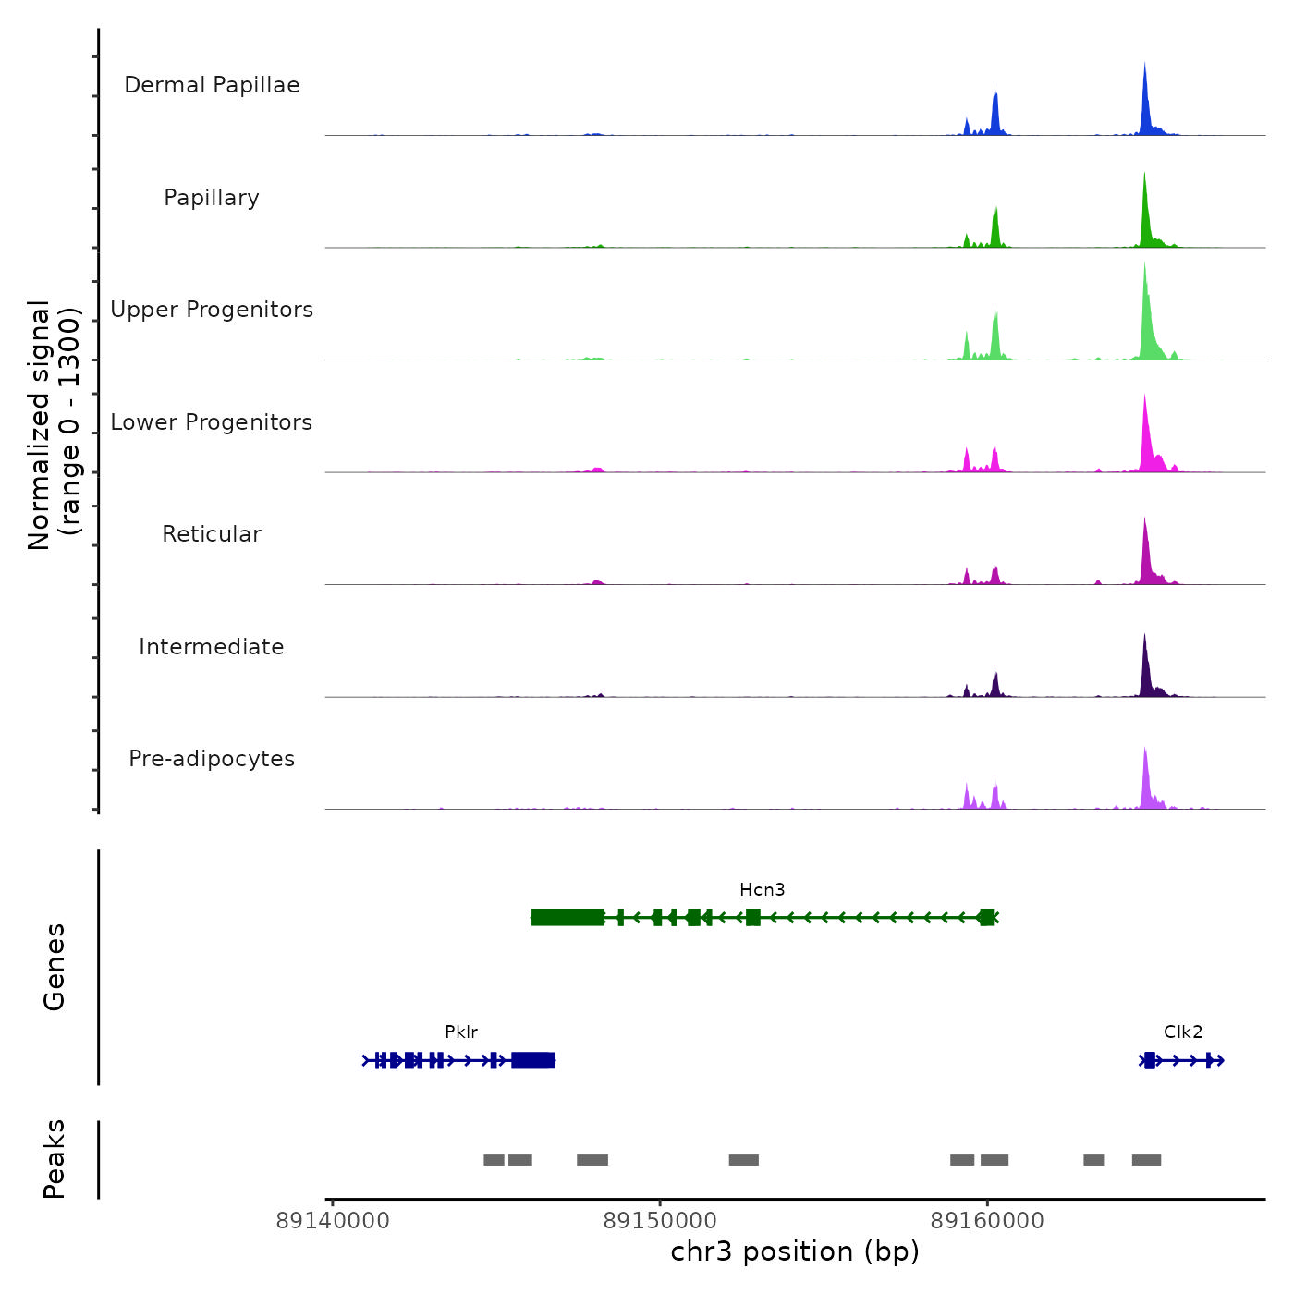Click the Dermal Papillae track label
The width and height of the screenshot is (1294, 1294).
click(212, 85)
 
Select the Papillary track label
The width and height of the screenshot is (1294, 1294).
click(212, 198)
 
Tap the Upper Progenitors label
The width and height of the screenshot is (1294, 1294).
click(212, 310)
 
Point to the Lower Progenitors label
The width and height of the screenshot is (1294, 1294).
click(212, 422)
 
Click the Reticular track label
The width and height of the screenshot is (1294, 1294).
click(212, 534)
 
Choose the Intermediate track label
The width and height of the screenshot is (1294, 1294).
click(212, 647)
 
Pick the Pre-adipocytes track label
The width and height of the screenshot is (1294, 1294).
click(212, 759)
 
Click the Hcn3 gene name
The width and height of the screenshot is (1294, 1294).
click(763, 890)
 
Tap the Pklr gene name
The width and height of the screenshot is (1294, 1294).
click(461, 1032)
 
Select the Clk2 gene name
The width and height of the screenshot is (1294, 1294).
click(1183, 1032)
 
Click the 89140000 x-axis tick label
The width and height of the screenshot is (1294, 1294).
click(333, 1221)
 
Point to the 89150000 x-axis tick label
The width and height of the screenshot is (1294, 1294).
click(660, 1221)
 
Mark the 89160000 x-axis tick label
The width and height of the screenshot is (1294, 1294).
click(987, 1221)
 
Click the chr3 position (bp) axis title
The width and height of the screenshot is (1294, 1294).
click(795, 1251)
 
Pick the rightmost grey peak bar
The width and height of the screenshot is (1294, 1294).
click(1146, 1160)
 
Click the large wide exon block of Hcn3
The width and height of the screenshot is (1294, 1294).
click(568, 917)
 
